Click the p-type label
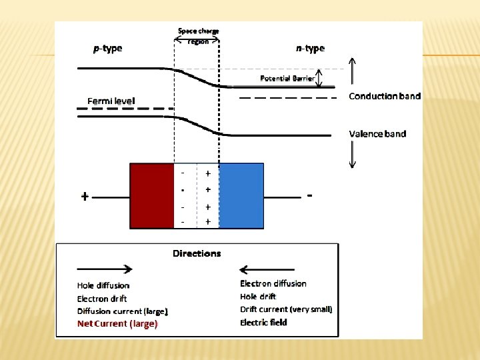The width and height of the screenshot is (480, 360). (107, 48)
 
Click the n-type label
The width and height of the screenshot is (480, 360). (310, 48)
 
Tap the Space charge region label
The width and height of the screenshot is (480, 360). (198, 36)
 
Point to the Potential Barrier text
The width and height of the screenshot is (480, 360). (287, 79)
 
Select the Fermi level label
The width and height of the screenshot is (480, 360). (111, 101)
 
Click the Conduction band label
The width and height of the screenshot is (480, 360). (385, 96)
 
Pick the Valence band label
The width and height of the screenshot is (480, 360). (377, 133)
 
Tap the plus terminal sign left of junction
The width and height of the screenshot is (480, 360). (85, 197)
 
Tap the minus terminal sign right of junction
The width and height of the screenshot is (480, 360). (311, 195)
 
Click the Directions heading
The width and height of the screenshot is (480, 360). (197, 253)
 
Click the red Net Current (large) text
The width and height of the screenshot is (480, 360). (117, 324)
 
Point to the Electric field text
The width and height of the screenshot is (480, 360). (264, 323)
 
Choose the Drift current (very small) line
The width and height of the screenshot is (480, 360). (286, 309)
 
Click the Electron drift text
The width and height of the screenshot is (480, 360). (102, 299)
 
